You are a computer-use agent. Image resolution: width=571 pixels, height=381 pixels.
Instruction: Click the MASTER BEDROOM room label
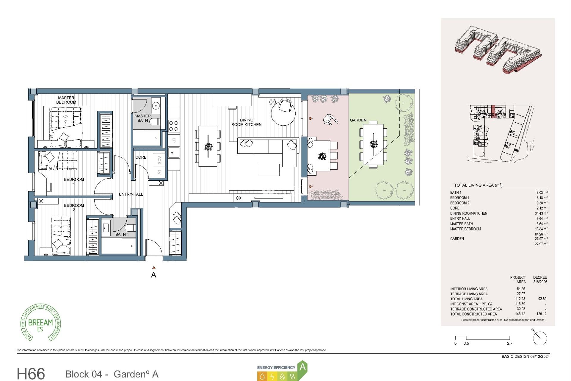(66, 100)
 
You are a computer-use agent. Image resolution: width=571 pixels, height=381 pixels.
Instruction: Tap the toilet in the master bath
(154, 122)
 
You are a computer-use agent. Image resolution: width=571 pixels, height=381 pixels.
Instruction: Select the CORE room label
(141, 157)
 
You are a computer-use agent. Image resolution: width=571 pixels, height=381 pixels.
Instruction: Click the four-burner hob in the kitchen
(174, 126)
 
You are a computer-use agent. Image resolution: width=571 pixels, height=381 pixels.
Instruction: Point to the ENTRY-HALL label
(131, 194)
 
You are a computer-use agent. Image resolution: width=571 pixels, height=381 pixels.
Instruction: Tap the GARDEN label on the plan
(358, 120)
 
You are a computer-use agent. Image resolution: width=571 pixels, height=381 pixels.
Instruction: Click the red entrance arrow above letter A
(154, 268)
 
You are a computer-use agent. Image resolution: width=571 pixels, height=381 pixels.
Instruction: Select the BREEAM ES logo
(40, 323)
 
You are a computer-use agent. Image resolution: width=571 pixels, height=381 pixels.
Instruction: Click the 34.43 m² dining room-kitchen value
(541, 213)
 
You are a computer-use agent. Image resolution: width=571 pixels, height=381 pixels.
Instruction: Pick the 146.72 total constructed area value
(520, 314)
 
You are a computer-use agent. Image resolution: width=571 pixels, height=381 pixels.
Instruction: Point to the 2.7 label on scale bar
(510, 343)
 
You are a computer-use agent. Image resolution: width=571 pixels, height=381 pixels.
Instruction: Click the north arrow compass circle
(540, 338)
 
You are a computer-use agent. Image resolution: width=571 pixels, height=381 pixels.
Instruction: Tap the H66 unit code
(31, 373)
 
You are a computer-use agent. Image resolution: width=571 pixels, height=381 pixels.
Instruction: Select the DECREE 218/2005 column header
(540, 279)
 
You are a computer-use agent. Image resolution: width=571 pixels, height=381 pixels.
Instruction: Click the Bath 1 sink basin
(106, 228)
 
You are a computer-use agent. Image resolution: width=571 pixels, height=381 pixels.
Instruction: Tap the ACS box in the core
(159, 160)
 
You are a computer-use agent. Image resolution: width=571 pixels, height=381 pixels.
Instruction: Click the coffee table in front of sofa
(268, 170)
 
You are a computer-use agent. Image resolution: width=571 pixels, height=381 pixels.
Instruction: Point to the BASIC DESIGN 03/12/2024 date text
(525, 356)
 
